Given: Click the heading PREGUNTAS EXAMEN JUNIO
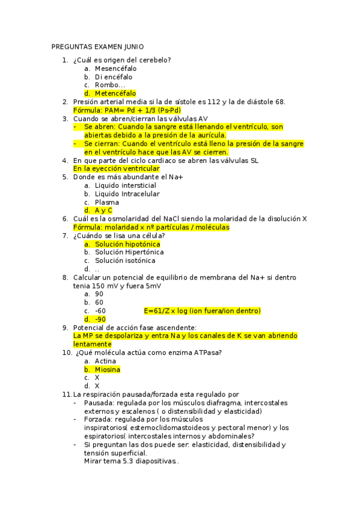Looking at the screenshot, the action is coord(98,46).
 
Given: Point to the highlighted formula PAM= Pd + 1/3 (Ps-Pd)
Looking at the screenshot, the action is coord(127,111).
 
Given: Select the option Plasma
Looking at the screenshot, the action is coord(107,203).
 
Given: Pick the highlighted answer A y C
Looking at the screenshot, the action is coord(103,211).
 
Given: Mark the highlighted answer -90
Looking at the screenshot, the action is coord(100,319).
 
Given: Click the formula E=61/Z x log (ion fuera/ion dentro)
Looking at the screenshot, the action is coord(203,311).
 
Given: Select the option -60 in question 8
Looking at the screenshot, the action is coord(100,311).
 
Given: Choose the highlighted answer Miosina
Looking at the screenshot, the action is coord(108,369).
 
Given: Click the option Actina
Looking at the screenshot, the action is coord(106,361).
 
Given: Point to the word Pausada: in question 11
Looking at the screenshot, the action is coord(99,403).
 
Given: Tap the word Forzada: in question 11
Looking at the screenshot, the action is coord(99,420).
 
